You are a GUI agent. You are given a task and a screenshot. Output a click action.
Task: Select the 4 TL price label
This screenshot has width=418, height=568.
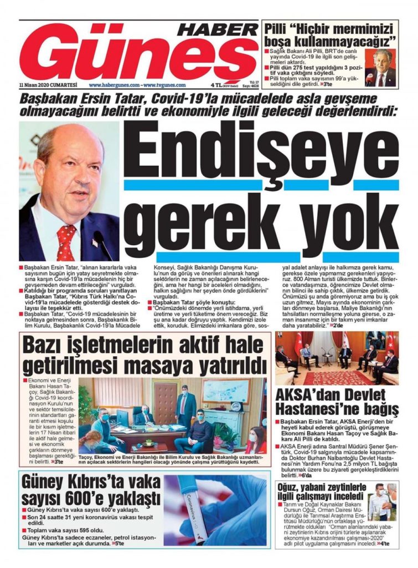click(x=216, y=85)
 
